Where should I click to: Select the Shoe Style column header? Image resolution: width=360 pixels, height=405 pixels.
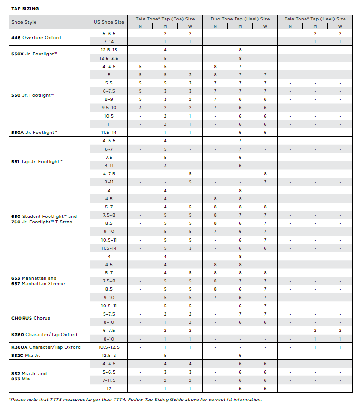click(24, 22)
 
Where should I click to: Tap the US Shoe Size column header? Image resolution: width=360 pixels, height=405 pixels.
click(109, 22)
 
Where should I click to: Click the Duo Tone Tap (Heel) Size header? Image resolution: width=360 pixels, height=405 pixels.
click(240, 19)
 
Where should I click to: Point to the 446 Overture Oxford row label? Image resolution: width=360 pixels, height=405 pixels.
click(36, 37)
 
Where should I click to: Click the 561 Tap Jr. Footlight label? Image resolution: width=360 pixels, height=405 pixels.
click(37, 161)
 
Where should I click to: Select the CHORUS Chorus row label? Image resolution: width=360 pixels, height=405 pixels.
click(30, 318)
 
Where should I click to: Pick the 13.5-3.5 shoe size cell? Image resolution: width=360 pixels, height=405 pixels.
click(109, 58)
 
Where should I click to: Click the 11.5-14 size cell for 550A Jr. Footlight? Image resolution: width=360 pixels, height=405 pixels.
click(109, 132)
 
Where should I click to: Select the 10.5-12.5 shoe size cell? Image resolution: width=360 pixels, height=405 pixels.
click(109, 347)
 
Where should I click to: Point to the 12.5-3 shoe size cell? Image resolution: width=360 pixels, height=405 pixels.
click(109, 355)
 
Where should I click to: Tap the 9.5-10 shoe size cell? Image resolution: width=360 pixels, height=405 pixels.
click(109, 108)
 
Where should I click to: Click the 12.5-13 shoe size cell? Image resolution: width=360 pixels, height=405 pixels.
click(109, 49)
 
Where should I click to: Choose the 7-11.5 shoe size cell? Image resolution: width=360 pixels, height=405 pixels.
click(109, 380)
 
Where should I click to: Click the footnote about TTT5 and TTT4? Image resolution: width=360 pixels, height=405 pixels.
click(135, 400)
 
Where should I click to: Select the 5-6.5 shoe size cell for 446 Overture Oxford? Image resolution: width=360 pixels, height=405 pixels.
click(109, 33)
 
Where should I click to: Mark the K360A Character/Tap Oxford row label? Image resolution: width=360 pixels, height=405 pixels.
click(46, 347)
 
